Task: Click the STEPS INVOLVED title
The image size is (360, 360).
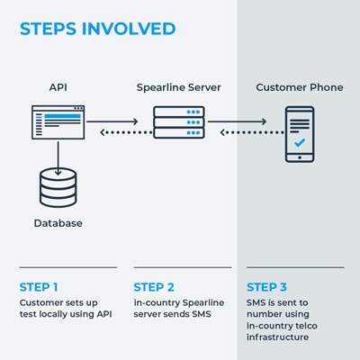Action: coord(97,29)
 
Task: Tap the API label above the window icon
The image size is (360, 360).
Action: coord(58,87)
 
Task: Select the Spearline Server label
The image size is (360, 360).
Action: coord(178,87)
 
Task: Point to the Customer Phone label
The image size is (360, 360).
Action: coord(300,87)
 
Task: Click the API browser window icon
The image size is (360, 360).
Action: coord(58,122)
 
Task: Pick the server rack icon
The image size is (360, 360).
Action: coord(179,122)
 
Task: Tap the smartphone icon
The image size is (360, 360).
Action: coord(300,134)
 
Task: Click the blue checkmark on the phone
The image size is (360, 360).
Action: coord(300,142)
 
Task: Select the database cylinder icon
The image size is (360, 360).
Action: coord(58,188)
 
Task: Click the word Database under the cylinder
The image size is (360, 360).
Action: coord(58,223)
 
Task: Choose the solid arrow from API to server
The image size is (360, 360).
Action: coord(112,121)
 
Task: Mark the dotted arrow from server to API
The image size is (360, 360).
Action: coord(126,132)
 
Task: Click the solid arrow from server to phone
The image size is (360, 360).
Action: coord(237,121)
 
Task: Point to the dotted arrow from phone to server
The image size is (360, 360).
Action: coord(252,132)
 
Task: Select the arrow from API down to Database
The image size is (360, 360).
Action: coord(58,158)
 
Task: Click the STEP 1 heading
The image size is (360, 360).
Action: coord(39,287)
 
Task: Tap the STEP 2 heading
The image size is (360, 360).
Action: coord(154,287)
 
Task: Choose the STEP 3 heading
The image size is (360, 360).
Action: coord(266,287)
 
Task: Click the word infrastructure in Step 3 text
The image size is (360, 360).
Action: coord(277,337)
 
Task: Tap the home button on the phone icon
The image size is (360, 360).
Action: coord(300,157)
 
